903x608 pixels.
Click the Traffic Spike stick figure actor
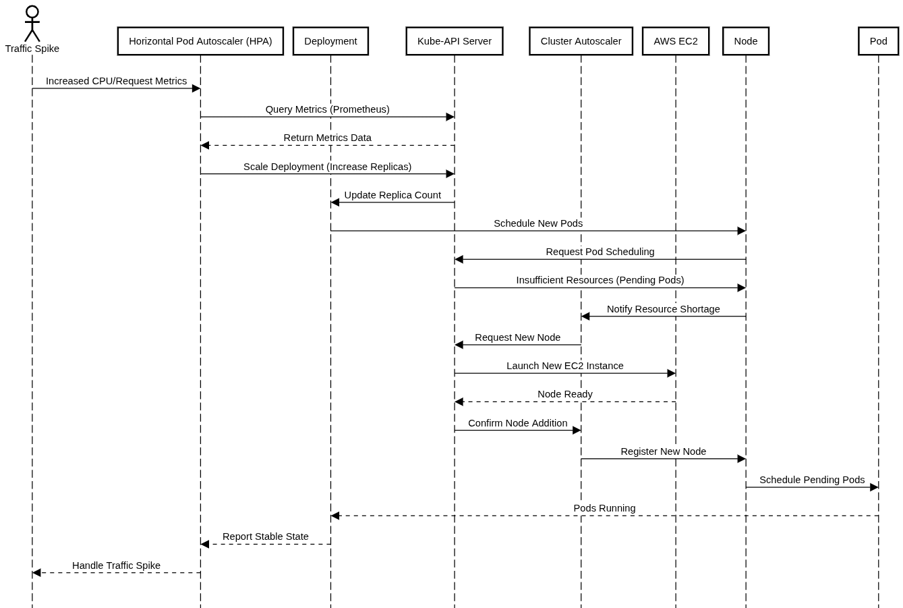pyautogui.click(x=32, y=24)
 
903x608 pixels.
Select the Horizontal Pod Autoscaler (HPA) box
pyautogui.click(x=200, y=41)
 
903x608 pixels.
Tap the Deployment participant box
pyautogui.click(x=330, y=41)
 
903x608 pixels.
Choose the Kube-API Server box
pyautogui.click(x=455, y=41)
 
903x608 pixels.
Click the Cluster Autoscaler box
pyautogui.click(x=581, y=41)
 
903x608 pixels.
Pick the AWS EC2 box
pyautogui.click(x=676, y=41)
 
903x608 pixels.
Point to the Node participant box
pyautogui.click(x=746, y=41)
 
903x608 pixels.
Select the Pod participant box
pyautogui.click(x=878, y=41)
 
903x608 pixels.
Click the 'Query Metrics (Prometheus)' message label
pyautogui.click(x=327, y=109)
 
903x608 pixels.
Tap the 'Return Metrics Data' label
pyautogui.click(x=327, y=138)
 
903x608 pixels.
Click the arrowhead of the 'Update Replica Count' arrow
pyautogui.click(x=335, y=202)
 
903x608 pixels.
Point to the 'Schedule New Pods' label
pyautogui.click(x=538, y=223)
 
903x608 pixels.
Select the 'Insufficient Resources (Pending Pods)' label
pyautogui.click(x=600, y=280)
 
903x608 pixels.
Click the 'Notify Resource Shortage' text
pyautogui.click(x=663, y=309)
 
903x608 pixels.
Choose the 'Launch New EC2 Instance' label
pyautogui.click(x=565, y=366)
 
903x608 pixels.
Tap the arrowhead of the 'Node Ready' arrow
pyautogui.click(x=459, y=402)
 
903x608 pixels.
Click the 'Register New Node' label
pyautogui.click(x=663, y=451)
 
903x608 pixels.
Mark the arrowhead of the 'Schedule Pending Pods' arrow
pyautogui.click(x=874, y=487)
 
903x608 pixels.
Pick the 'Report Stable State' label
pyautogui.click(x=266, y=536)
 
